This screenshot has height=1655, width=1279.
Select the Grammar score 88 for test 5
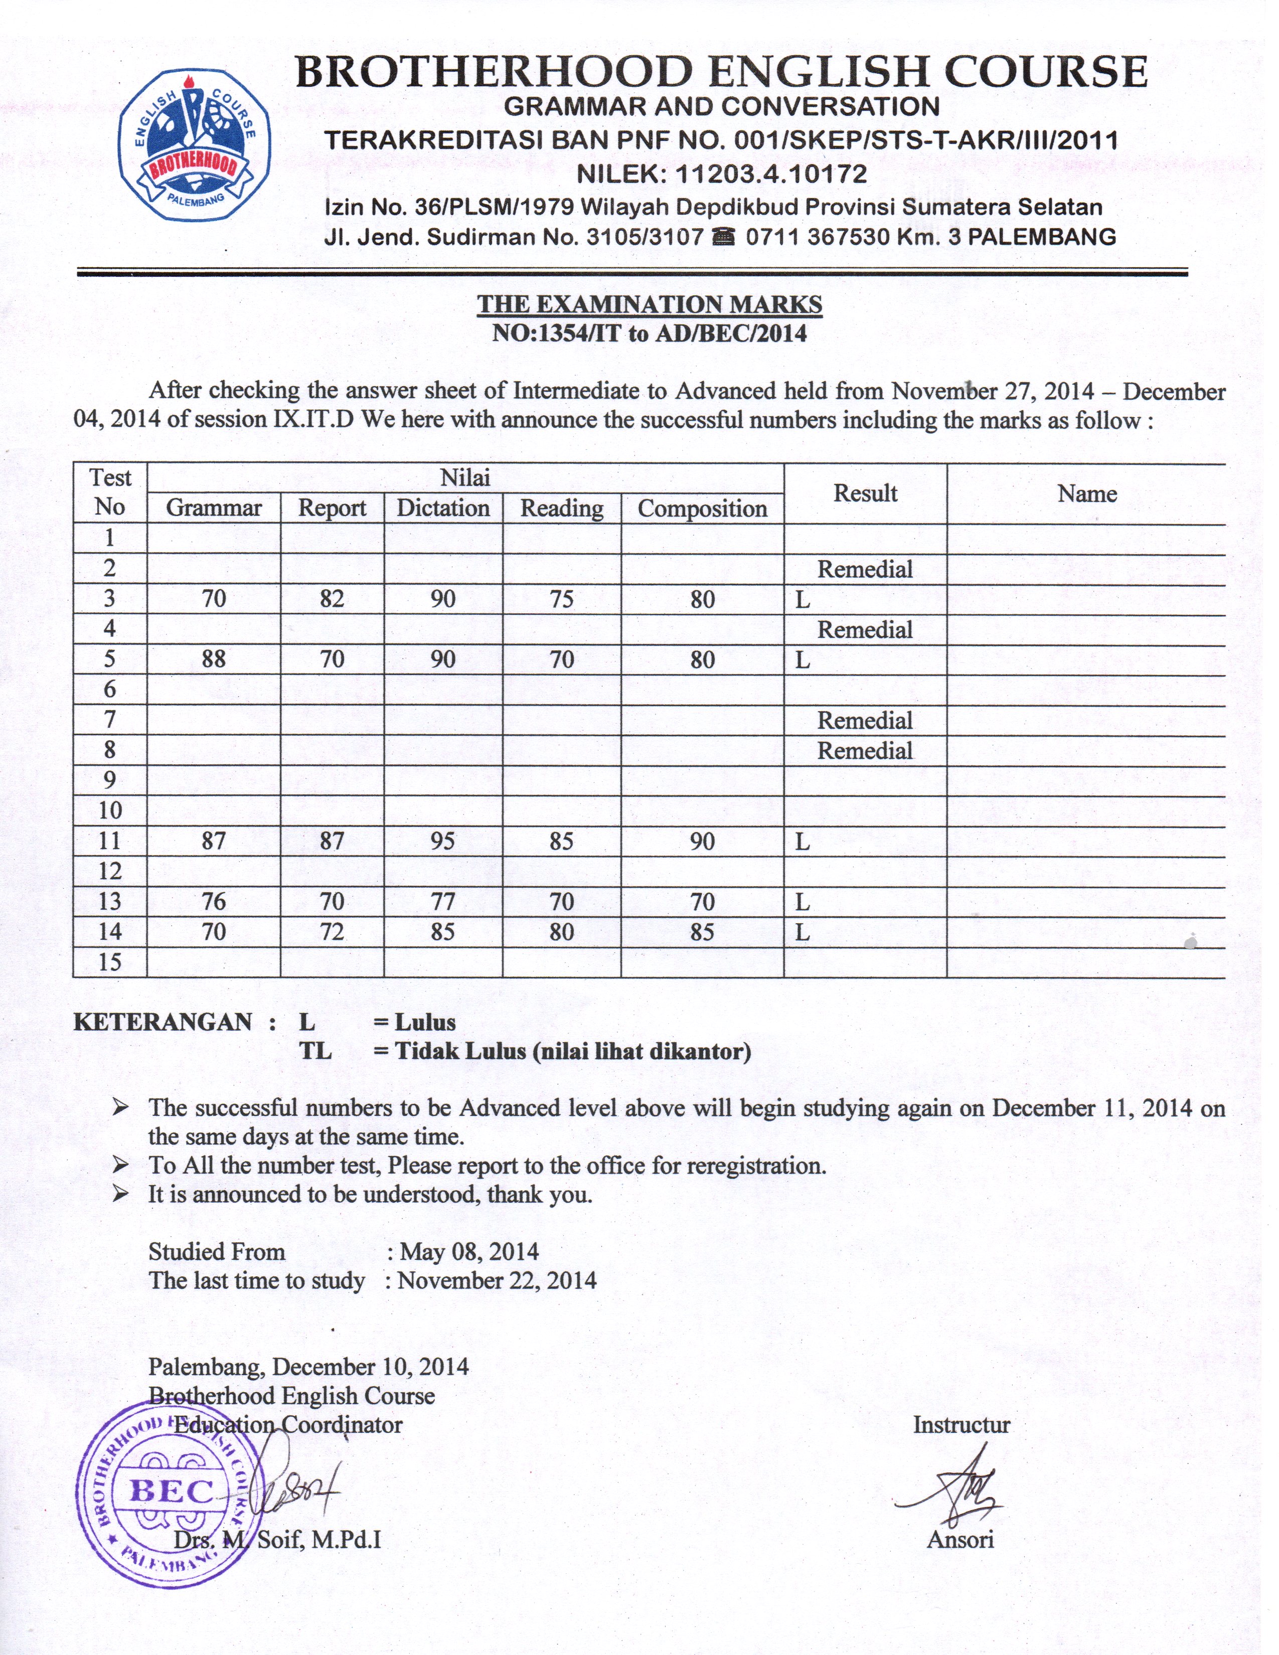click(214, 659)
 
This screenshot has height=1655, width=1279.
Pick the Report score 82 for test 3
click(332, 599)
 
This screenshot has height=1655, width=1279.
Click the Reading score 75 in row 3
click(561, 599)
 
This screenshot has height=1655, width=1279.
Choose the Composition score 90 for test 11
click(702, 841)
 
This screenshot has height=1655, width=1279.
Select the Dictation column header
click(443, 508)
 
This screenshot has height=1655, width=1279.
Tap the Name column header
click(1086, 494)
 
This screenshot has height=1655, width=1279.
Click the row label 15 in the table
click(110, 962)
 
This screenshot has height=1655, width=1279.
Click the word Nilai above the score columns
click(465, 478)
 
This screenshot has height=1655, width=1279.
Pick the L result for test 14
click(803, 932)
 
